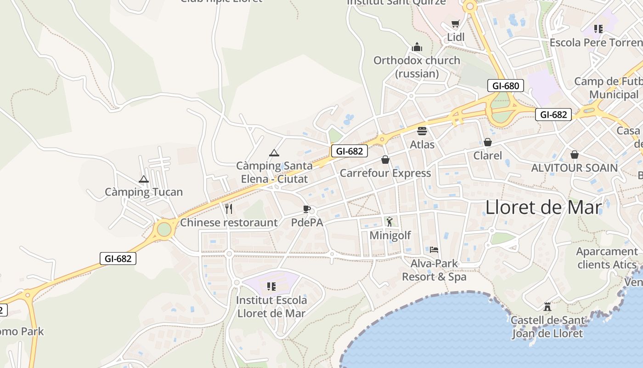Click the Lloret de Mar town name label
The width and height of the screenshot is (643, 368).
tap(543, 207)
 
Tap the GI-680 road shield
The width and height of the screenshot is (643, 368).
tap(505, 86)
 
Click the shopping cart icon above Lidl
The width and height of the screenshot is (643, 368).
tap(455, 24)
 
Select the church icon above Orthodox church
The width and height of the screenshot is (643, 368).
tap(417, 47)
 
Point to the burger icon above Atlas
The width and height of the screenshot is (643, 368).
tap(422, 131)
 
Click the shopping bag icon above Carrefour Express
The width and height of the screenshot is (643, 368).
tap(385, 160)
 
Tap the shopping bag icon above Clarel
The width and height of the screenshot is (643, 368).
tap(488, 142)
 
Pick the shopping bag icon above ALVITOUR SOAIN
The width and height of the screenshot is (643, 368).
tap(574, 155)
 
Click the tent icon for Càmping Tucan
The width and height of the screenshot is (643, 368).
tap(144, 179)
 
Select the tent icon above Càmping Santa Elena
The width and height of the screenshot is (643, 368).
tap(274, 153)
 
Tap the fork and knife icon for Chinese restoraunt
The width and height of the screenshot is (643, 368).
tap(229, 209)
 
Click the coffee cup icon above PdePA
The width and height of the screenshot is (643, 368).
tap(307, 209)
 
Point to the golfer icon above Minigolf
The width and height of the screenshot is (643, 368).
tap(389, 222)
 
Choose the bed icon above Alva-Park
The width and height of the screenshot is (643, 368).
tap(434, 250)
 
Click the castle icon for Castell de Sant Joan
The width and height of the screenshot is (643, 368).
tap(547, 306)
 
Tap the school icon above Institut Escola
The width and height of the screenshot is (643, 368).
tap(271, 287)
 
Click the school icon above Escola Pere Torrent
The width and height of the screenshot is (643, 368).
tap(598, 29)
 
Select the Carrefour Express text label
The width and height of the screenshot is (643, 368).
tap(385, 173)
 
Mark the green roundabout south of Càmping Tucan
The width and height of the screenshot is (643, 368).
tap(164, 229)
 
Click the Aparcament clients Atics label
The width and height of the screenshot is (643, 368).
tap(607, 258)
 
